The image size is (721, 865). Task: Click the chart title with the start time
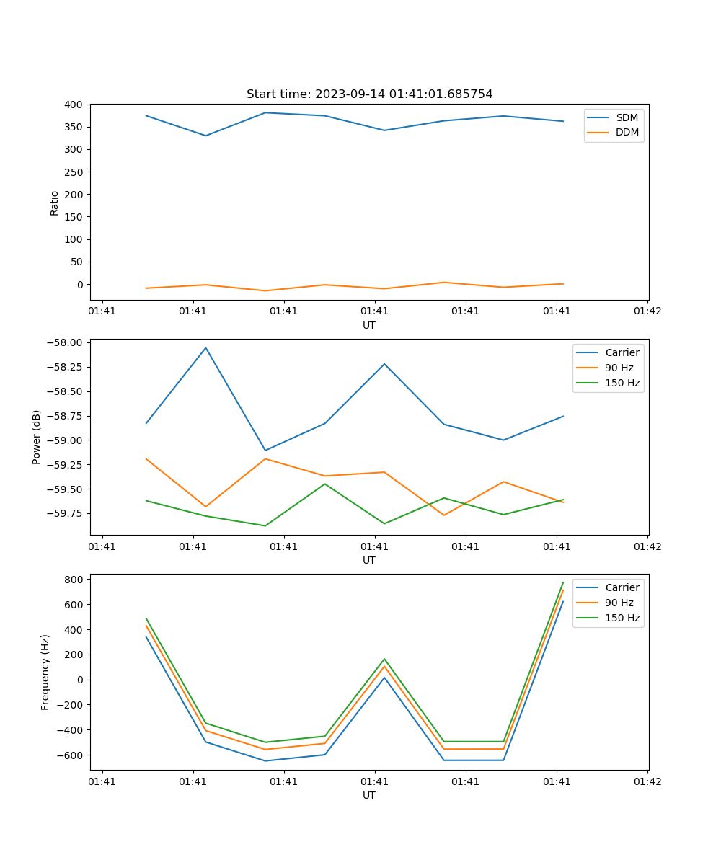(x=369, y=94)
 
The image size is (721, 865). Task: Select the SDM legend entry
(x=627, y=117)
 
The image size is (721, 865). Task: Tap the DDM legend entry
(x=627, y=132)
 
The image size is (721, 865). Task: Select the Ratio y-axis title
(x=55, y=203)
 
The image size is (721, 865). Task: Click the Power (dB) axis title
(x=37, y=437)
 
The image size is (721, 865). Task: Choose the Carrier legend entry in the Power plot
(x=622, y=352)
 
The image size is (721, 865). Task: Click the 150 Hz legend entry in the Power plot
(x=622, y=383)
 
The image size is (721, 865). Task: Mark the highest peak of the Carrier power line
(x=205, y=347)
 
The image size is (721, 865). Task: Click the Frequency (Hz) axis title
(x=45, y=672)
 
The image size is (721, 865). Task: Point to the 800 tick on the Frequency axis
(x=74, y=580)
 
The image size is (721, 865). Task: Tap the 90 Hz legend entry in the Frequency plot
(x=619, y=603)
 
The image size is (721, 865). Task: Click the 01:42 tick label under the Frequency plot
(x=647, y=781)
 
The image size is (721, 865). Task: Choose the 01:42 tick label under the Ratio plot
(x=647, y=311)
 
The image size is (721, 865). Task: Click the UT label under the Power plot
(x=369, y=560)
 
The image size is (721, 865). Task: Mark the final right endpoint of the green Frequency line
(x=563, y=582)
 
